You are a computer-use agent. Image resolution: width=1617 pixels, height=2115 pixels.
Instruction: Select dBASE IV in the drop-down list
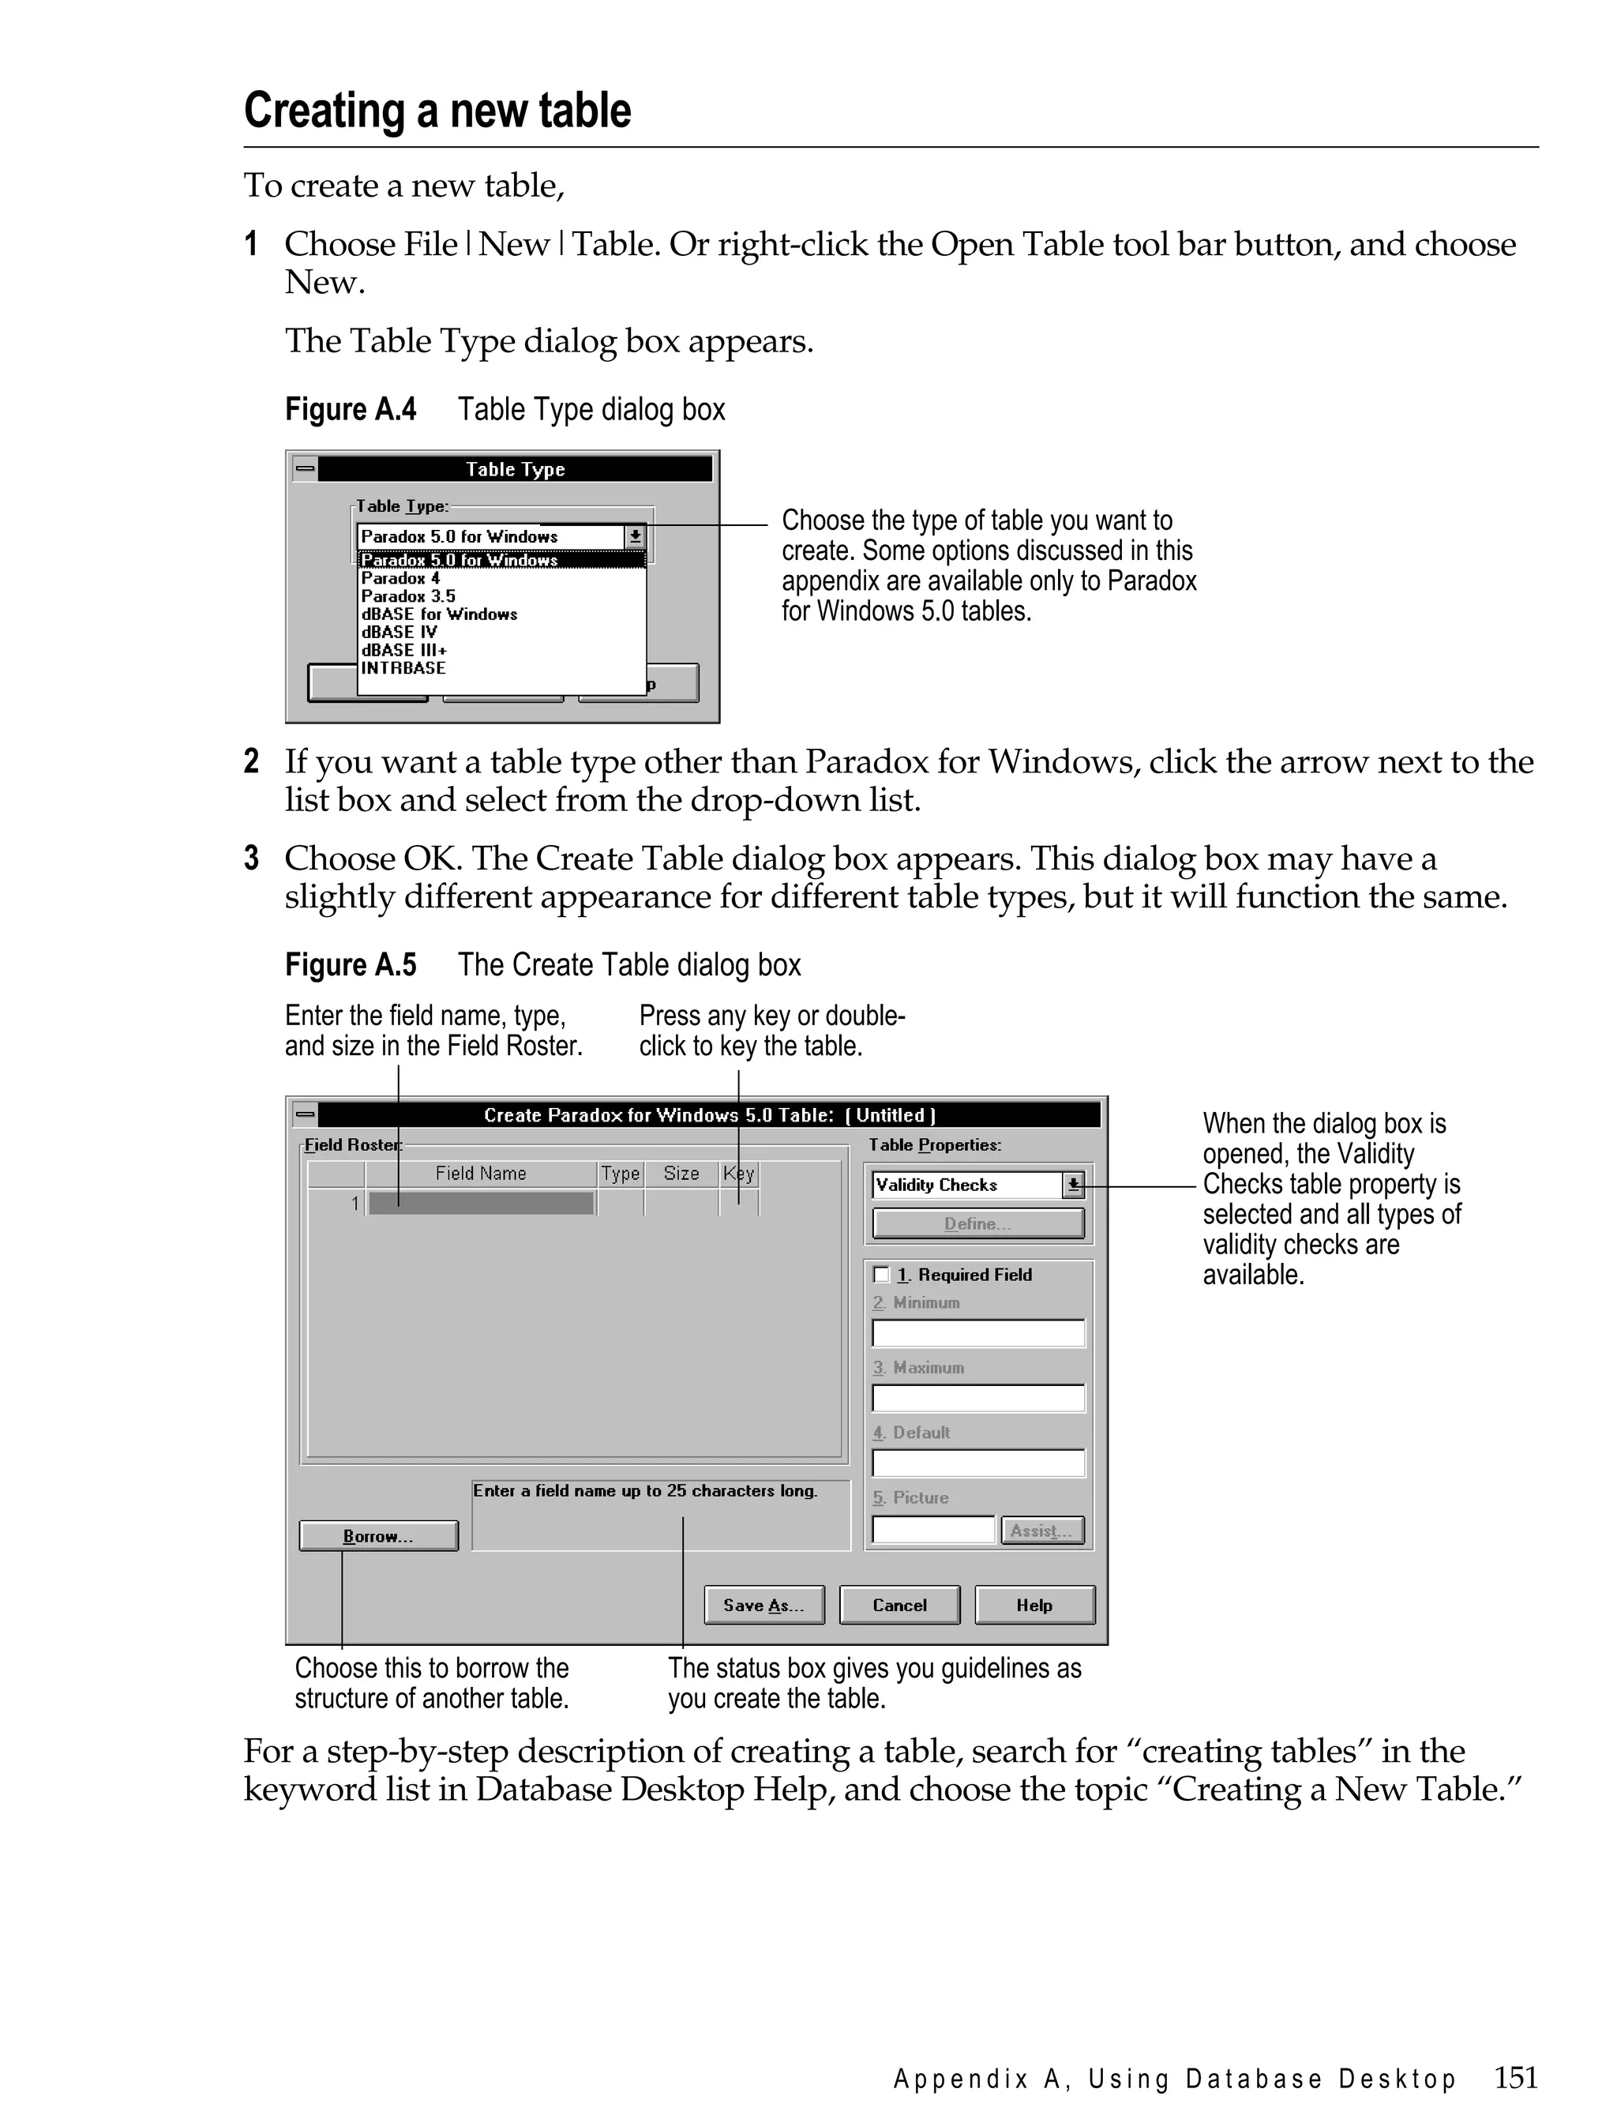tap(400, 633)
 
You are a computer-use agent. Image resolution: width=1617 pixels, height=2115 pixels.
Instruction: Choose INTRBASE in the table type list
tap(403, 668)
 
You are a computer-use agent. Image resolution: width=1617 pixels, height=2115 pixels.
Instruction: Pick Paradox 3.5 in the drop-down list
tap(408, 596)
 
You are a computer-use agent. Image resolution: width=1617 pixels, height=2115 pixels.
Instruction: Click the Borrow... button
tap(378, 1536)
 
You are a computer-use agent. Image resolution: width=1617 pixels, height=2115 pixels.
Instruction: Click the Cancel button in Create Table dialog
tap(899, 1605)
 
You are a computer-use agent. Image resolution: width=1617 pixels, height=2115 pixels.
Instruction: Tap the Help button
tap(1034, 1605)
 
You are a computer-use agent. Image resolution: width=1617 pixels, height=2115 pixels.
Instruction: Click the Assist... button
tap(1041, 1531)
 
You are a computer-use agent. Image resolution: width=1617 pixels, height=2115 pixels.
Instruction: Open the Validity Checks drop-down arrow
tap(1073, 1185)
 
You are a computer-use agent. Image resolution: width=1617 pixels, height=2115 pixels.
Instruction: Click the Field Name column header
tap(480, 1174)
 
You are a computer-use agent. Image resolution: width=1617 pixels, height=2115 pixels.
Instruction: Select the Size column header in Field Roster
tap(681, 1174)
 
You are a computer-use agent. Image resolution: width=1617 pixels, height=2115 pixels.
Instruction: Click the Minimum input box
tap(978, 1333)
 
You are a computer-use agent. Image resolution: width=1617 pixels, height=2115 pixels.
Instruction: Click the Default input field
tap(978, 1463)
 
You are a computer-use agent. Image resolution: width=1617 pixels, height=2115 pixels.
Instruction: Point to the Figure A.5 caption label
tap(351, 964)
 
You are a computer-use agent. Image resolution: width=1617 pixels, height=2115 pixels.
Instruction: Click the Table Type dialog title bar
tap(515, 470)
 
